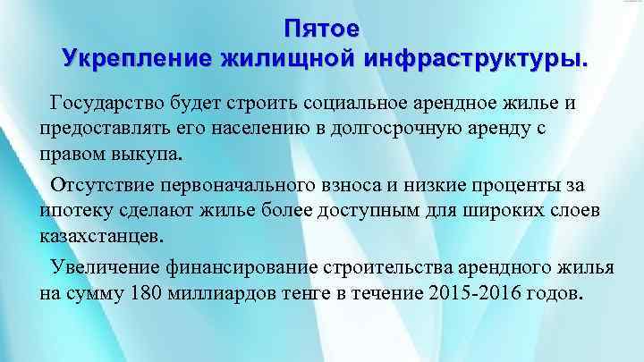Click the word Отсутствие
105,186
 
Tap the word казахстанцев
102,236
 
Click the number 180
146,293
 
